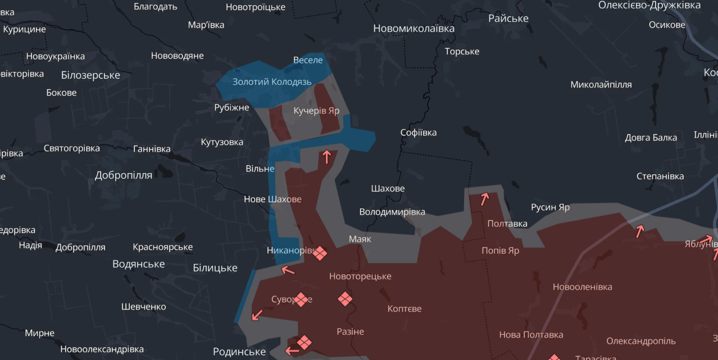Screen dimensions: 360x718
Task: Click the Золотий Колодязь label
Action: pyautogui.click(x=272, y=82)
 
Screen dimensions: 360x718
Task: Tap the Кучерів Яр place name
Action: pyautogui.click(x=316, y=111)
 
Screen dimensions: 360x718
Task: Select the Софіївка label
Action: pyautogui.click(x=418, y=133)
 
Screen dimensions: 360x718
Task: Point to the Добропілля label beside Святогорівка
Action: pyautogui.click(x=123, y=175)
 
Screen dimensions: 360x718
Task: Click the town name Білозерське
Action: pyautogui.click(x=90, y=75)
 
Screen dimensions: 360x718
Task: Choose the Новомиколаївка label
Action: pyautogui.click(x=413, y=29)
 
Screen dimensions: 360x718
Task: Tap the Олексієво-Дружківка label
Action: pyautogui.click(x=649, y=5)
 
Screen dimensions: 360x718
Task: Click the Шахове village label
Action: pyautogui.click(x=387, y=189)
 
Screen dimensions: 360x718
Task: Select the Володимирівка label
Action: pyautogui.click(x=392, y=212)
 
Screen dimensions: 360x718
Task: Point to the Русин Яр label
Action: pyautogui.click(x=550, y=207)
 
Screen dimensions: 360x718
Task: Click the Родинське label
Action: pyautogui.click(x=239, y=352)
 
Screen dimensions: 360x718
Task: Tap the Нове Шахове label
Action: pyautogui.click(x=272, y=199)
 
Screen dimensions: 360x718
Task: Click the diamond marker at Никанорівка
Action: pyautogui.click(x=320, y=253)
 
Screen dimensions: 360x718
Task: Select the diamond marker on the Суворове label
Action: pyautogui.click(x=301, y=299)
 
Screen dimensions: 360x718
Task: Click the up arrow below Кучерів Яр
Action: pyautogui.click(x=326, y=157)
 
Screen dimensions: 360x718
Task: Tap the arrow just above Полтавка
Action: pyautogui.click(x=484, y=198)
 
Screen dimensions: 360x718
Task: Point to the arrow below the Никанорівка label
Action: pyautogui.click(x=288, y=271)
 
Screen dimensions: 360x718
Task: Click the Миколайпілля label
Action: pyautogui.click(x=601, y=85)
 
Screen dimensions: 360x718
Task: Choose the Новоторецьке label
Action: pyautogui.click(x=360, y=276)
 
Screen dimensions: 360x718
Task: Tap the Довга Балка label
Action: pyautogui.click(x=651, y=138)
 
